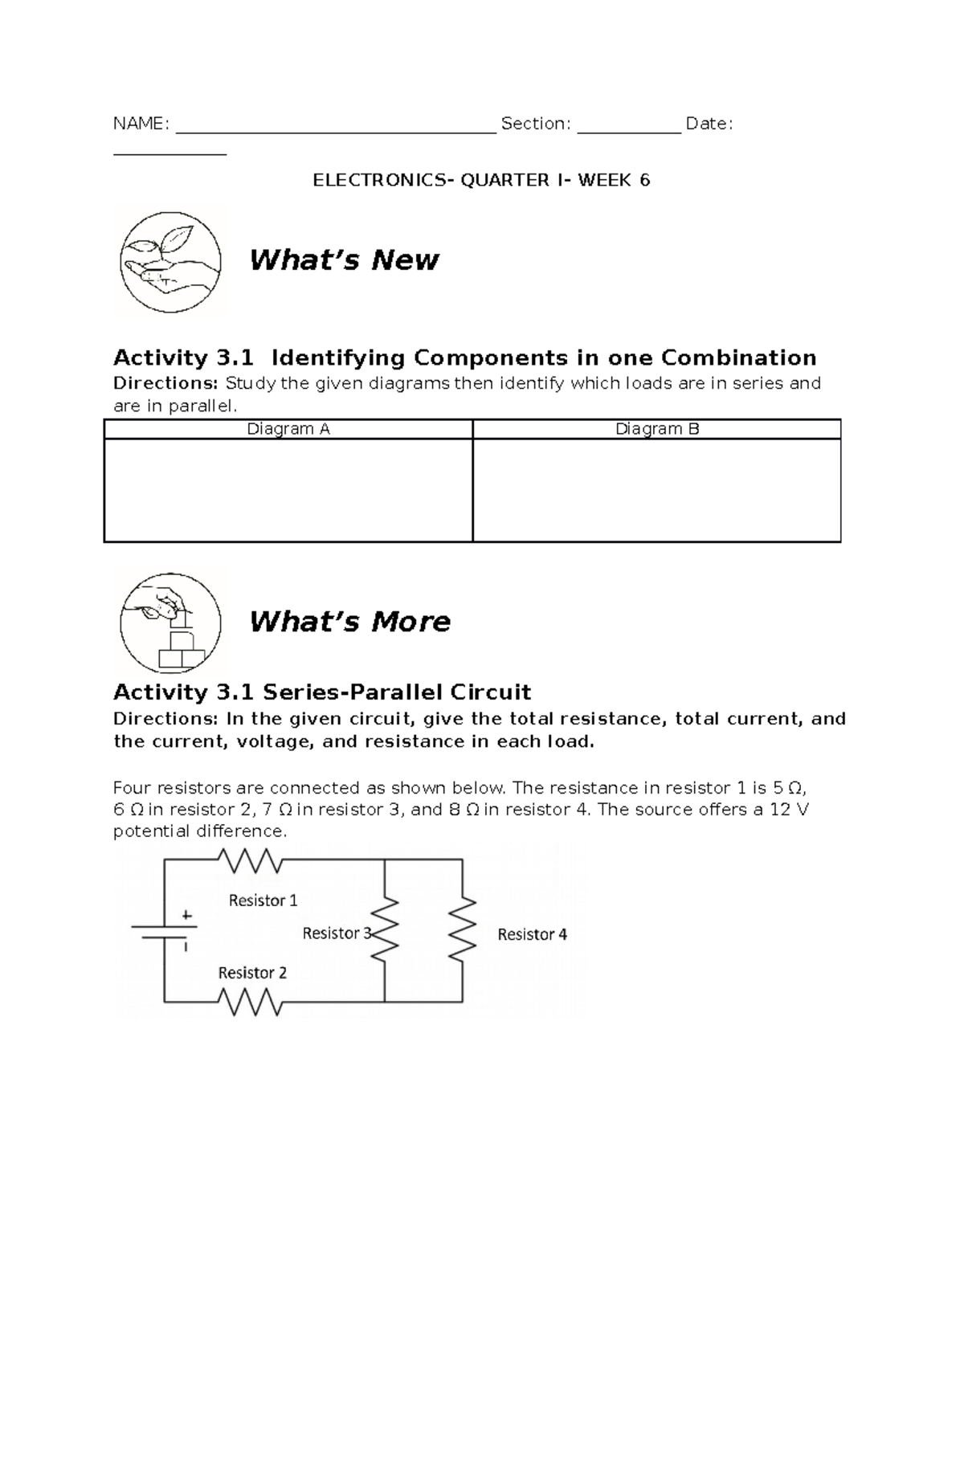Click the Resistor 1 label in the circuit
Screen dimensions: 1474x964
[x=263, y=900]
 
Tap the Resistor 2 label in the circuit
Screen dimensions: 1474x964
[x=252, y=973]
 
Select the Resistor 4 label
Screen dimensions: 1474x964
[x=532, y=934]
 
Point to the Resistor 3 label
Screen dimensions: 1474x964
[x=337, y=933]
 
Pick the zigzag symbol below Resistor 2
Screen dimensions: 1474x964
[x=251, y=1002]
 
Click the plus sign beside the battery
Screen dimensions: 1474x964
[x=187, y=914]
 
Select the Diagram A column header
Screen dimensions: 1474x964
[x=288, y=429]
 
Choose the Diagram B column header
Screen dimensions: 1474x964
[x=657, y=429]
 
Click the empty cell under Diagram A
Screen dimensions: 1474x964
[x=288, y=490]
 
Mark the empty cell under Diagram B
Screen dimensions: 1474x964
[x=657, y=490]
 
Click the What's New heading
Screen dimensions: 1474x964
[x=344, y=260]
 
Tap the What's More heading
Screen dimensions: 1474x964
[x=349, y=622]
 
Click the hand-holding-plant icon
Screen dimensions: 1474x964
[x=170, y=262]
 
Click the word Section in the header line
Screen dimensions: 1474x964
[x=536, y=124]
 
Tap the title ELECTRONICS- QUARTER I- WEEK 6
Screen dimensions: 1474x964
[x=481, y=180]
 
